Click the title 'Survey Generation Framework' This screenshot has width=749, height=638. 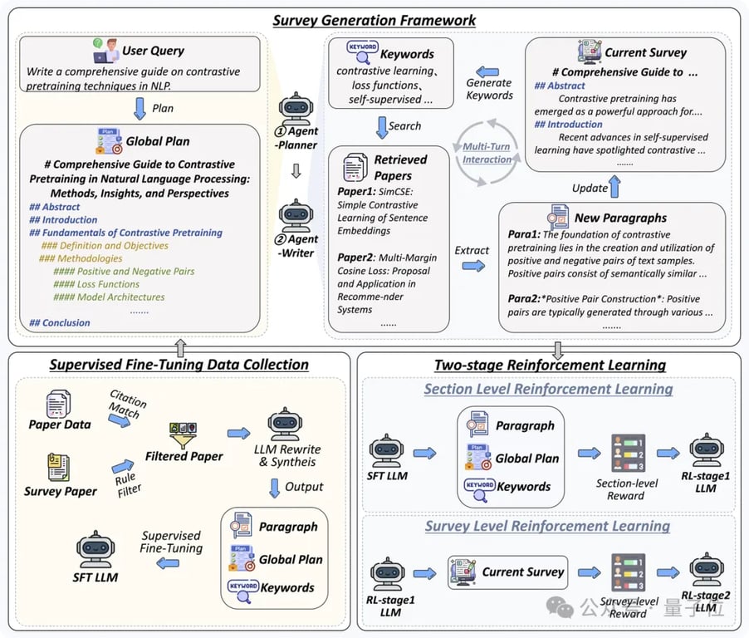click(x=374, y=20)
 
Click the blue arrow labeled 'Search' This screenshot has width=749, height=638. click(x=382, y=126)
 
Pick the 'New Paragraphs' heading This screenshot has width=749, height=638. click(x=621, y=218)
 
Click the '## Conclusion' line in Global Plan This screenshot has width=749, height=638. click(x=60, y=322)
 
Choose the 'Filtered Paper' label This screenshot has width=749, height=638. click(x=184, y=456)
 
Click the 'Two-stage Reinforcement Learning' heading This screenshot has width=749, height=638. click(x=550, y=365)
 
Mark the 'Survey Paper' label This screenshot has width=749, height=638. click(x=60, y=490)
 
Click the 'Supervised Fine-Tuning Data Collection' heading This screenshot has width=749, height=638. click(x=179, y=365)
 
